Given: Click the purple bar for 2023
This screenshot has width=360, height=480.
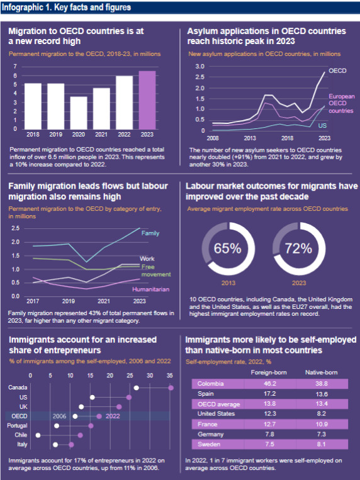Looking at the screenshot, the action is click(x=147, y=100).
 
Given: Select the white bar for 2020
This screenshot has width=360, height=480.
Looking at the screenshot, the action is click(x=79, y=113).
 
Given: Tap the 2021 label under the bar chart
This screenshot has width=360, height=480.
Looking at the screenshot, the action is click(x=101, y=135).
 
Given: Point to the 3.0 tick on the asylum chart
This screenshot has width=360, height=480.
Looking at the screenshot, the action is click(x=200, y=67).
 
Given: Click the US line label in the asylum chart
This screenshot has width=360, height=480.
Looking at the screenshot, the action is click(x=322, y=126).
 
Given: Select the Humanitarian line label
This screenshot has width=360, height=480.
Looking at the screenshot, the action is click(x=151, y=289).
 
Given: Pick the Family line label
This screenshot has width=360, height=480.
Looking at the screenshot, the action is click(x=150, y=233).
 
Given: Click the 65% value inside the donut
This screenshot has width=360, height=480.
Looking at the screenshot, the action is click(x=228, y=248).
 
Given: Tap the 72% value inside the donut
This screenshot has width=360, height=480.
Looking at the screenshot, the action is click(x=298, y=248).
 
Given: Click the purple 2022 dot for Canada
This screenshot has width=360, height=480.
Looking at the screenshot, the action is click(x=171, y=388).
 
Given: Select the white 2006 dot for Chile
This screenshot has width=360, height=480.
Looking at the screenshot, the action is click(x=38, y=435).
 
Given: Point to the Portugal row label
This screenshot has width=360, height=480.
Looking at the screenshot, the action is click(x=17, y=425).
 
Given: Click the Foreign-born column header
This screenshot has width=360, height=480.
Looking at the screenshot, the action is click(x=269, y=372).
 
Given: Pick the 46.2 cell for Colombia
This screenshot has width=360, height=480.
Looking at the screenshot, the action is click(x=270, y=384).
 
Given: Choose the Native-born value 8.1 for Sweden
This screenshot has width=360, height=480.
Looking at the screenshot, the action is click(x=322, y=444).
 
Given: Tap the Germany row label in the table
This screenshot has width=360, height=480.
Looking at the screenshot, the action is click(x=210, y=434).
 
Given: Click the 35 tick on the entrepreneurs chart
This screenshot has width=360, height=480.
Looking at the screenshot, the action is click(x=170, y=376).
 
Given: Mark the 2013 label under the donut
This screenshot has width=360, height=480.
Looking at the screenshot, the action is click(x=228, y=283).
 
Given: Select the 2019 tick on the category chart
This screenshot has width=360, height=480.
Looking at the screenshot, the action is click(x=69, y=301).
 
